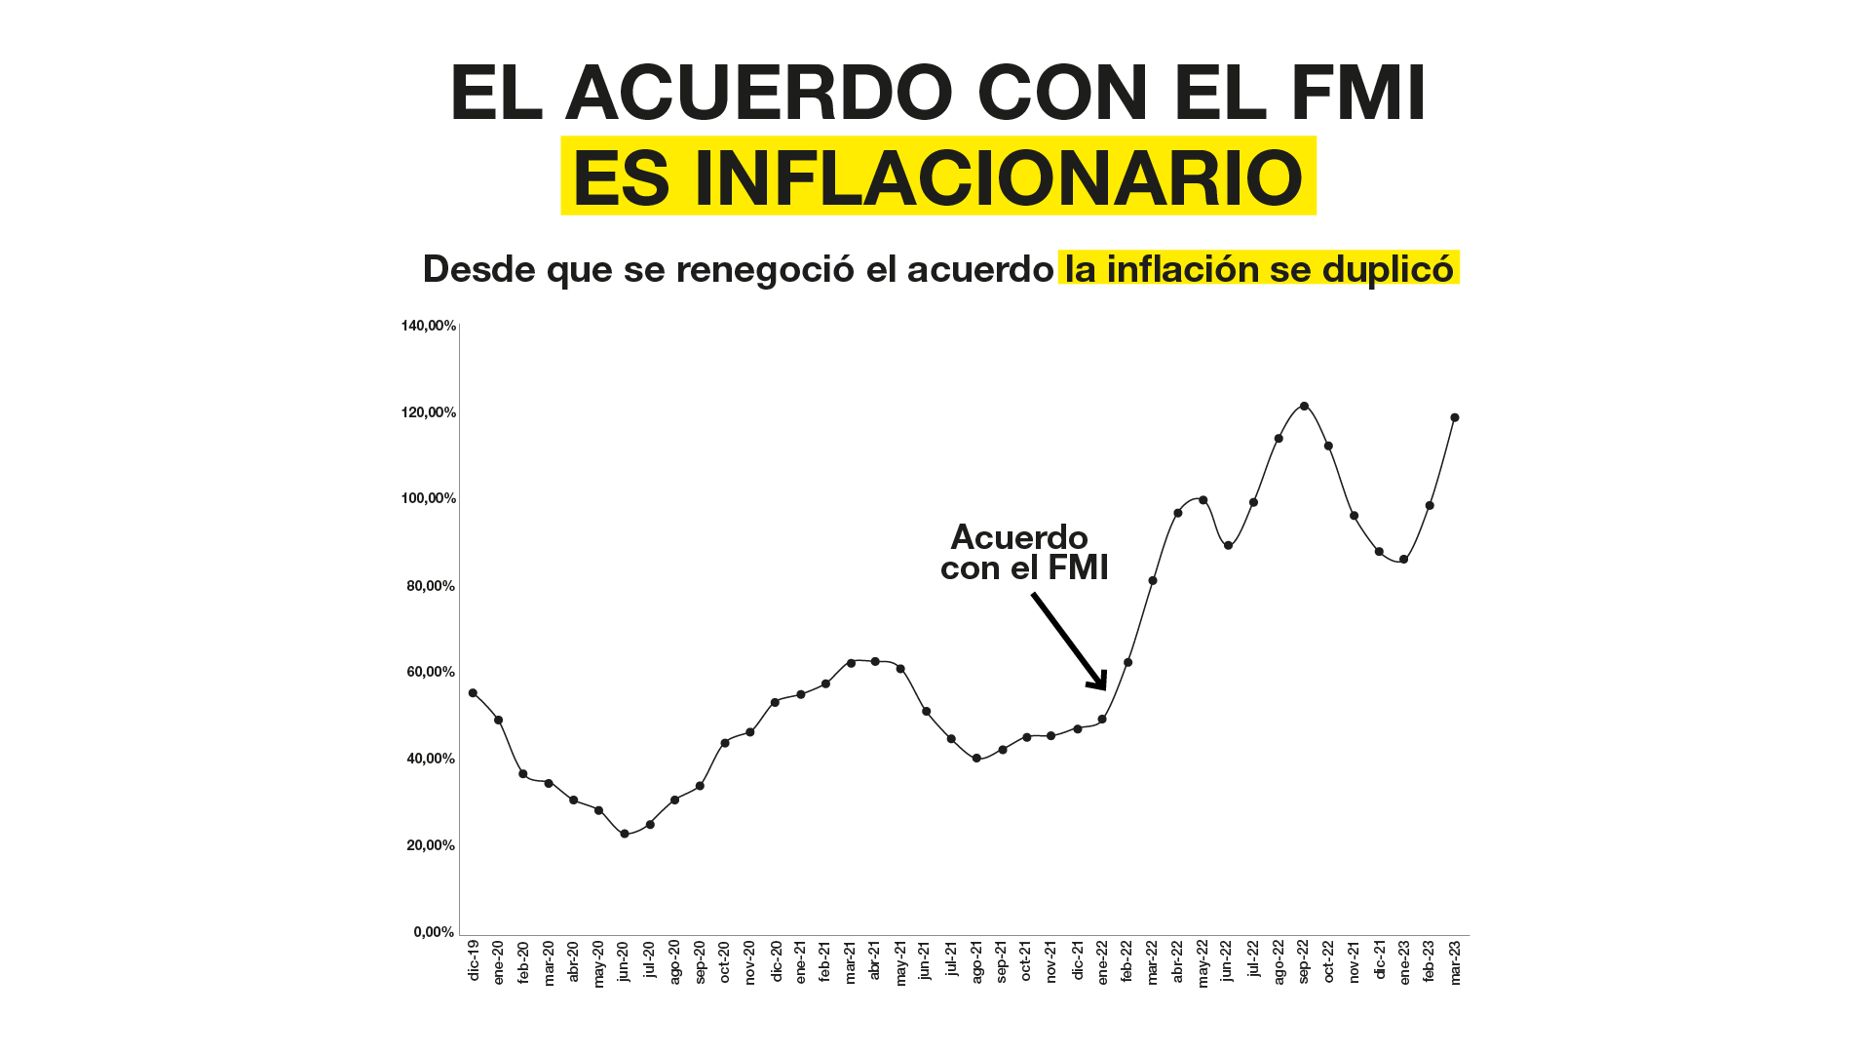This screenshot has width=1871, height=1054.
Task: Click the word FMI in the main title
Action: [x=1357, y=94]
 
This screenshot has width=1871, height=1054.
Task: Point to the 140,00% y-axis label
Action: [x=429, y=326]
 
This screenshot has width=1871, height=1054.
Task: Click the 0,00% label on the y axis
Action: [x=435, y=932]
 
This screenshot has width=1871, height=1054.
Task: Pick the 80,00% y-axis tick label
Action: [x=431, y=586]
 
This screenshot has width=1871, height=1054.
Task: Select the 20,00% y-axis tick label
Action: [x=431, y=845]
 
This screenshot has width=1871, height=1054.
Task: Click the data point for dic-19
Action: [x=473, y=693]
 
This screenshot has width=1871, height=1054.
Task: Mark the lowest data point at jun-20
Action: [x=625, y=834]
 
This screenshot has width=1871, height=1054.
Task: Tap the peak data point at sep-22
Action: [x=1304, y=407]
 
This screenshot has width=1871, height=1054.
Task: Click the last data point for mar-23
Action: [x=1455, y=418]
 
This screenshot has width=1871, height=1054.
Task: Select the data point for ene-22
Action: [x=1102, y=720]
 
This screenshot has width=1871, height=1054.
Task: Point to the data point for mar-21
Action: [x=851, y=663]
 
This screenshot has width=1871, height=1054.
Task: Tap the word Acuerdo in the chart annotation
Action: [x=1019, y=537]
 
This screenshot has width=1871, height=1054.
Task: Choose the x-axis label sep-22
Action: [x=1304, y=962]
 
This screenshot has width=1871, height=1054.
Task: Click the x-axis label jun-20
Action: [x=625, y=961]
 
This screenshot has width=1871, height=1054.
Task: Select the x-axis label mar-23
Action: [x=1456, y=962]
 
